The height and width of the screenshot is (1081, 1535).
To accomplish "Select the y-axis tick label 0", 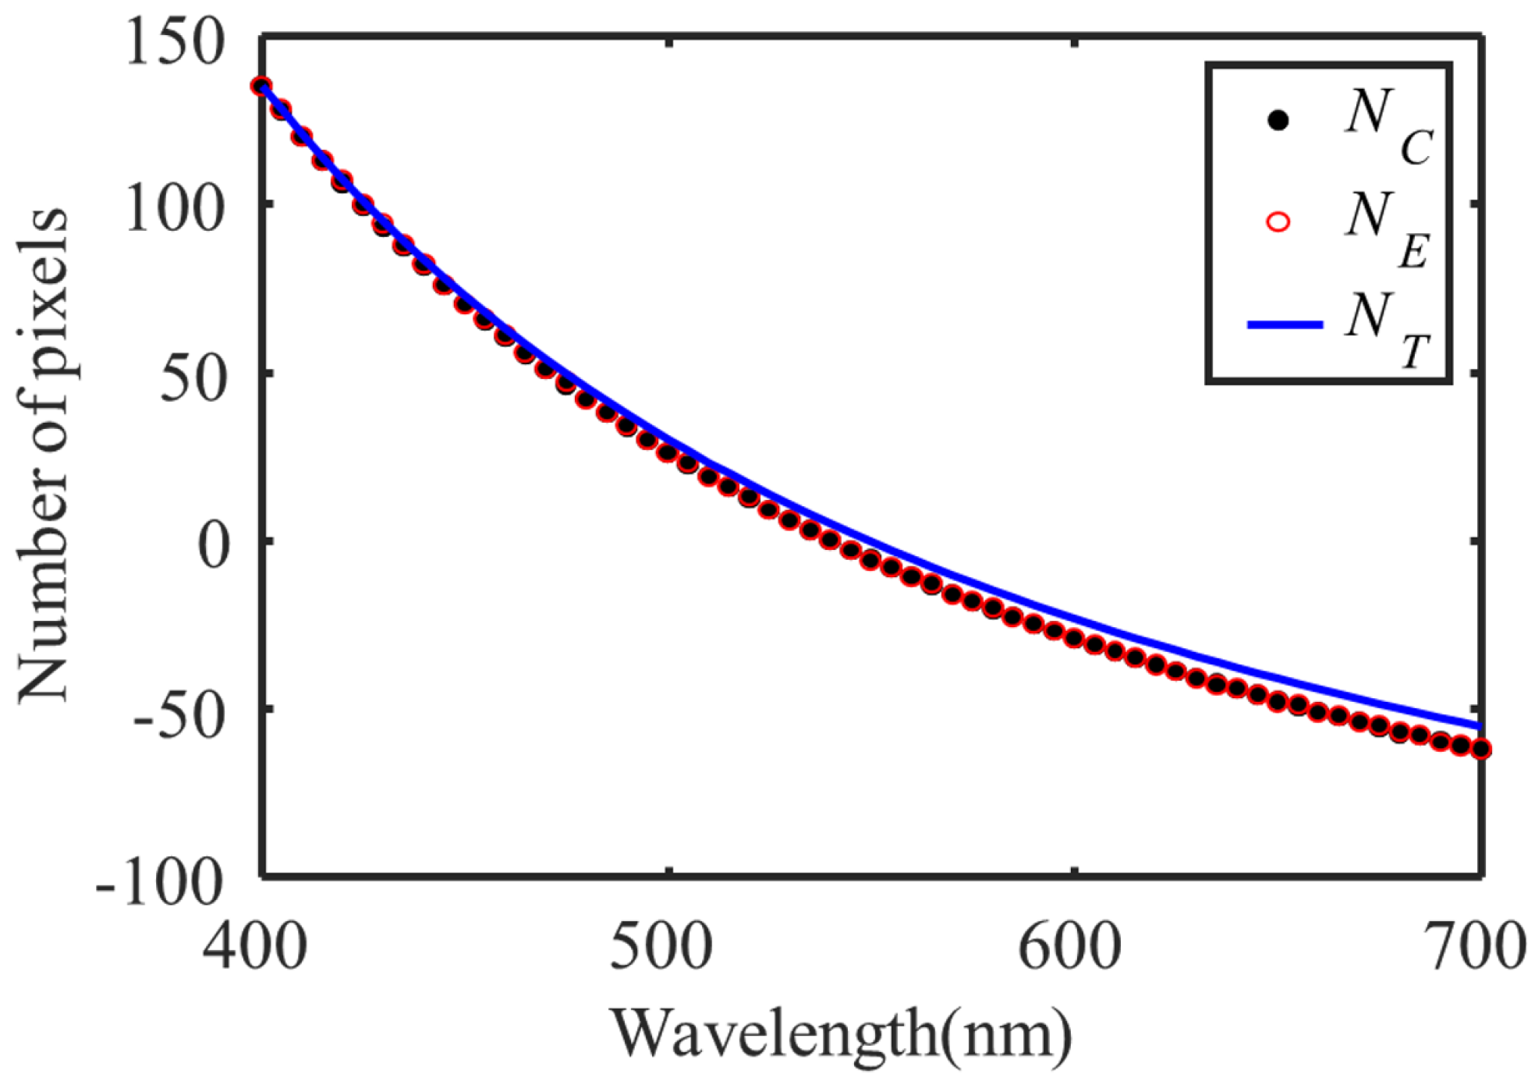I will point(214,545).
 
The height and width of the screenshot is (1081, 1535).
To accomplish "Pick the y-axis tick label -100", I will point(160,884).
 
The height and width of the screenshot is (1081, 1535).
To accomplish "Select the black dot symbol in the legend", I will point(1278,121).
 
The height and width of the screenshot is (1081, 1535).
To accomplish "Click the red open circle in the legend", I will point(1278,222).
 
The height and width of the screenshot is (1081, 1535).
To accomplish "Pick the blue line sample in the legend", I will point(1284,324).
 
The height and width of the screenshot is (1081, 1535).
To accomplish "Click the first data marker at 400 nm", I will point(262,87).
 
